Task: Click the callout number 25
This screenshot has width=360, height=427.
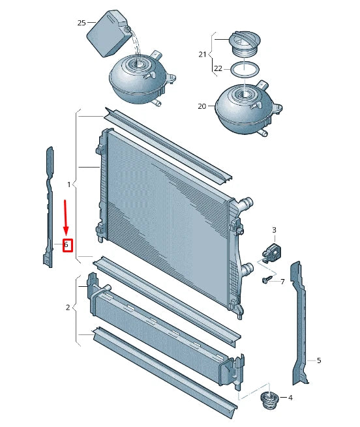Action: (x=82, y=23)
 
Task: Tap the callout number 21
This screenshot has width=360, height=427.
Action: (x=202, y=54)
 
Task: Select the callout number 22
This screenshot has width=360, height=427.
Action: (x=218, y=68)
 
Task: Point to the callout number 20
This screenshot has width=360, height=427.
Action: (x=202, y=106)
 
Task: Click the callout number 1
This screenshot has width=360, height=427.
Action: (x=69, y=185)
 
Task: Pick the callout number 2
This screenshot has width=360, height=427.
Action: (x=68, y=307)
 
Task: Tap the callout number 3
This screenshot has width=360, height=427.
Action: (x=274, y=230)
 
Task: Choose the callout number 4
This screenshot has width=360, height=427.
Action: (x=290, y=398)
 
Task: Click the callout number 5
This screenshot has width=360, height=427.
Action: (x=318, y=360)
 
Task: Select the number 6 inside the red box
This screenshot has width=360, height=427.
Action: (x=67, y=245)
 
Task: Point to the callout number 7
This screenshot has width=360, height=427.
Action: (x=282, y=282)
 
